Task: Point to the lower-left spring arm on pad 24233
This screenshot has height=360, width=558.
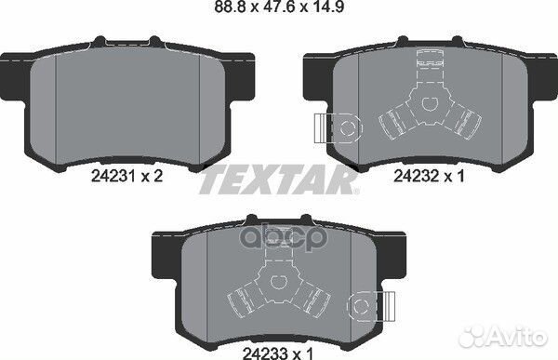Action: coord(237,296)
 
